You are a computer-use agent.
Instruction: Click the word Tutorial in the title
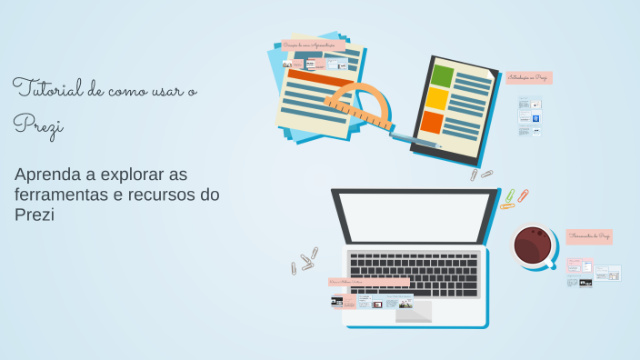point(45,89)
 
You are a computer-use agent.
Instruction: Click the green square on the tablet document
point(443,75)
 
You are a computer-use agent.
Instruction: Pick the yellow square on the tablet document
point(437,98)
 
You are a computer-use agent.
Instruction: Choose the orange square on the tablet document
point(432,122)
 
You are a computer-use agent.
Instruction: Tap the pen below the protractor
point(414,139)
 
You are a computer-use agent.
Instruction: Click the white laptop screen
point(415,217)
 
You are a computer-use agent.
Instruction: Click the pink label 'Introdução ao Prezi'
point(528,78)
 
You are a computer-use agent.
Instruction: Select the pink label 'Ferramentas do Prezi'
point(589,236)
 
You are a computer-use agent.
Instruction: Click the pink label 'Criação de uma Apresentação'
point(313,44)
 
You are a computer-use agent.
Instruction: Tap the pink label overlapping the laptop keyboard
point(369,283)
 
